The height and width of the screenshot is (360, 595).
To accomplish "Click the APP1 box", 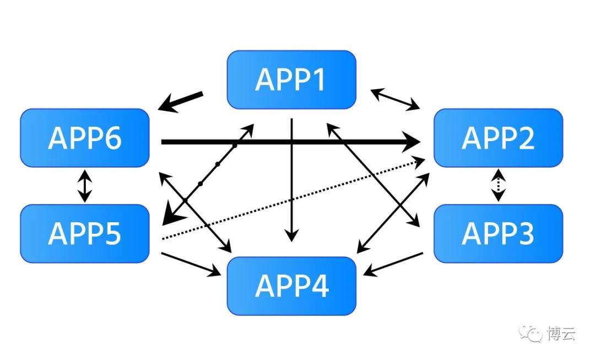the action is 291,80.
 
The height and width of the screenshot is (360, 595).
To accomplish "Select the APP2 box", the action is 498,138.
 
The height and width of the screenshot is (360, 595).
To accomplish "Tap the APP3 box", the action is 498,234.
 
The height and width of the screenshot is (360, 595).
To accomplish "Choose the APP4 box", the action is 291,286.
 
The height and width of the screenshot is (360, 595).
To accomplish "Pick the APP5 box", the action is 85,234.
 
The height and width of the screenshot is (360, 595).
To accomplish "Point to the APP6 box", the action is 85,138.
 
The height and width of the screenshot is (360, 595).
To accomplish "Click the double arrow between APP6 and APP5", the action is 85,186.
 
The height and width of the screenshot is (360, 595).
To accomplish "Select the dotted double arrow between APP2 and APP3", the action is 498,185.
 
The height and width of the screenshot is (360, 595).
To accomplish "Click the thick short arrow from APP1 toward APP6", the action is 180,101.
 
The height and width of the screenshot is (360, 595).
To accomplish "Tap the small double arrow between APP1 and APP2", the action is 395,99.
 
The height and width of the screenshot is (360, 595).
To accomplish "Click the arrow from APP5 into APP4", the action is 191,264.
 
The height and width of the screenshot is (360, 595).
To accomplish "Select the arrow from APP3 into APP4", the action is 393,264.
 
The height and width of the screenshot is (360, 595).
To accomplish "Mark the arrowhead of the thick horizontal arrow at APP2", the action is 412,142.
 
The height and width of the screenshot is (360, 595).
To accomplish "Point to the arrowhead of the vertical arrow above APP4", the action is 291,235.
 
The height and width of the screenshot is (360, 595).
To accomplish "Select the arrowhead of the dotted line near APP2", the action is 419,163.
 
